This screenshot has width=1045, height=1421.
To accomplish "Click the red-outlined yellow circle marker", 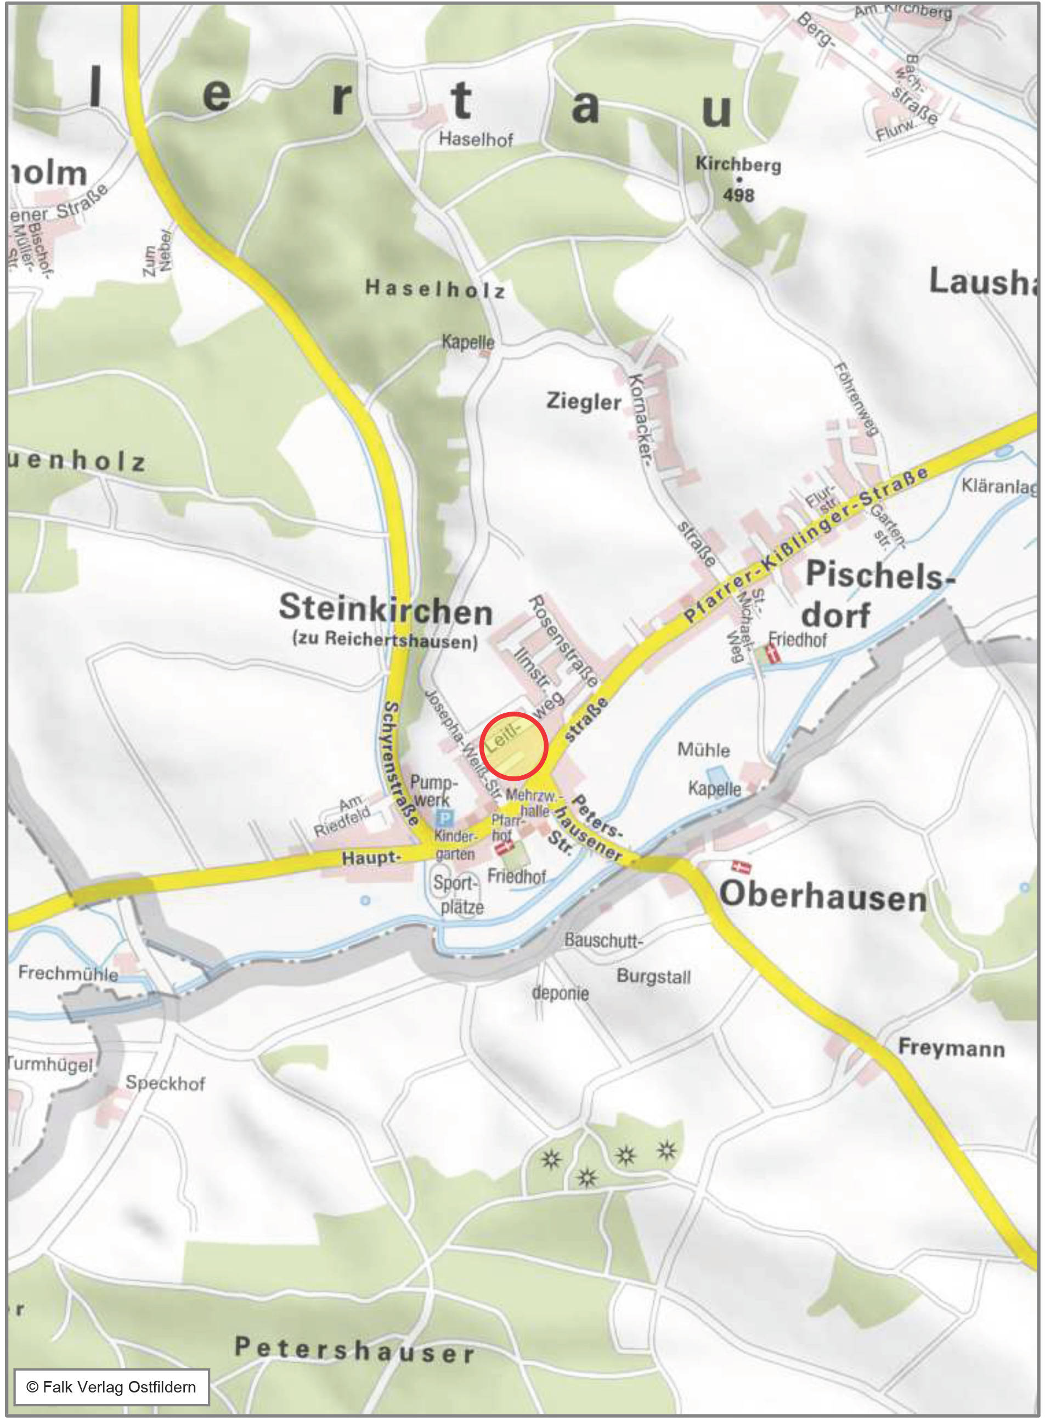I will pyautogui.click(x=513, y=745).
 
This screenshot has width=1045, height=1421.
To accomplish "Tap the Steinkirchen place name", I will pyautogui.click(x=385, y=609).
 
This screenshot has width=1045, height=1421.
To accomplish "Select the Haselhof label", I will pyautogui.click(x=476, y=139).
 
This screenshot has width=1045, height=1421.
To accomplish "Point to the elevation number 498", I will pyautogui.click(x=738, y=195).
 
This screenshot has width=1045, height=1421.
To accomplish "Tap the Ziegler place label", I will pyautogui.click(x=583, y=402).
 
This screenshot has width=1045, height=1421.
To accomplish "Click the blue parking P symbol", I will pyautogui.click(x=445, y=818).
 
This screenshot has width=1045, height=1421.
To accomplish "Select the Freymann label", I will pyautogui.click(x=951, y=1048).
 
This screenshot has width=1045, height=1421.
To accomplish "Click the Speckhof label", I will pyautogui.click(x=165, y=1083).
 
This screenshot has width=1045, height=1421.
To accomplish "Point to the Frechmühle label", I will pyautogui.click(x=67, y=973).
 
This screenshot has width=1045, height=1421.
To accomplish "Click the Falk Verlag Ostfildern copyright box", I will pyautogui.click(x=111, y=1387).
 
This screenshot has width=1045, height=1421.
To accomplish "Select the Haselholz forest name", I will pyautogui.click(x=435, y=290).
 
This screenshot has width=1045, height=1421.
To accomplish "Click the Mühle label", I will pyautogui.click(x=703, y=751).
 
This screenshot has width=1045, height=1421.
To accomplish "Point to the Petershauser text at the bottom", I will pyautogui.click(x=354, y=1351).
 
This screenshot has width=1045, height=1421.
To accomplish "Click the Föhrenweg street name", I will pyautogui.click(x=856, y=399).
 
